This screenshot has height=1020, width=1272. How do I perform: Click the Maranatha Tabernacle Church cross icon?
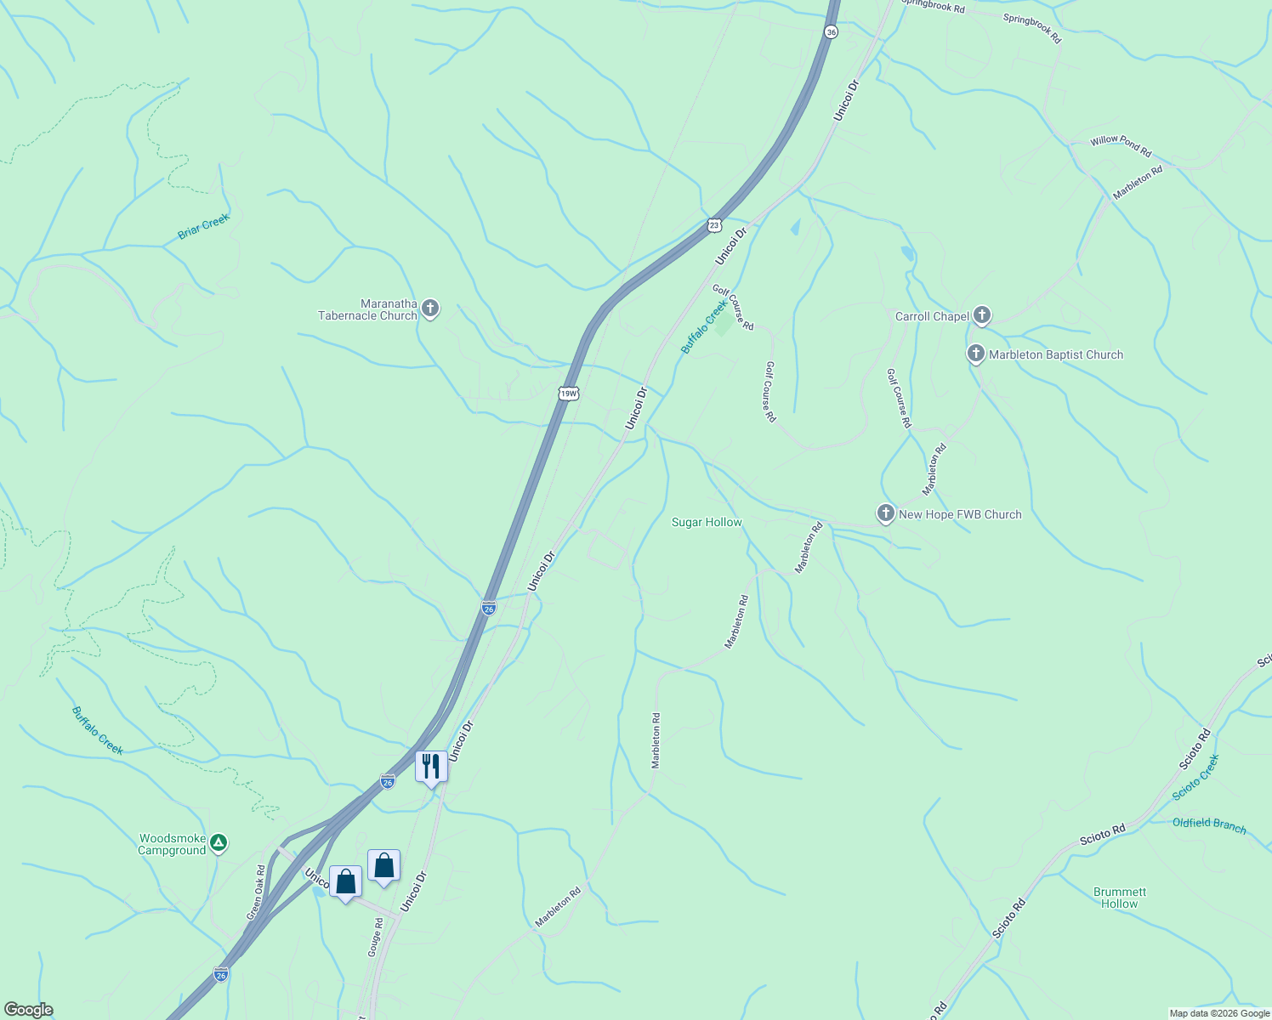pos(430,308)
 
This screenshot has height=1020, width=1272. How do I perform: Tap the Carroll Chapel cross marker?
pos(982,315)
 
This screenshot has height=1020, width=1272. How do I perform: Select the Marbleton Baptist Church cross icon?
pos(976,354)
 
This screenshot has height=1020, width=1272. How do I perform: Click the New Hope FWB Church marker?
pos(886,513)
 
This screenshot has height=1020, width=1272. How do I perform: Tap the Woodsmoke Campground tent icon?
pos(219,842)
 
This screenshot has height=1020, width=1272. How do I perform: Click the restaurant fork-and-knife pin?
pos(431,767)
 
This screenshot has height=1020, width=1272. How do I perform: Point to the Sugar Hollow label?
pos(707,523)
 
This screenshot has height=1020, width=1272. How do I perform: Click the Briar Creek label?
pos(204,226)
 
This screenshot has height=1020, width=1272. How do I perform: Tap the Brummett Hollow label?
pos(1119,898)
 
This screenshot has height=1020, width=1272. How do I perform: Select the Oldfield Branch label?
pos(1209,824)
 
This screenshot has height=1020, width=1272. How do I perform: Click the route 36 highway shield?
pos(831,31)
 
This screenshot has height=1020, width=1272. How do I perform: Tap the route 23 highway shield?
pos(714,224)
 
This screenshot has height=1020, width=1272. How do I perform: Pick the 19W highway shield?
pos(569,393)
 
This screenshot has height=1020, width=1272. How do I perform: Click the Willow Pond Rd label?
pos(1121,146)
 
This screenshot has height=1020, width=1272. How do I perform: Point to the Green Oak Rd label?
pos(256,892)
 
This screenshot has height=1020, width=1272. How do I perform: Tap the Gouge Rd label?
pos(375,938)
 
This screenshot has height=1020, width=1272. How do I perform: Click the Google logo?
pos(28,1010)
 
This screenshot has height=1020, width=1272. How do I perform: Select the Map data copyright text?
pos(1218,1013)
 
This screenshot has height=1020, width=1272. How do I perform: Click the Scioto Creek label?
pos(1195,777)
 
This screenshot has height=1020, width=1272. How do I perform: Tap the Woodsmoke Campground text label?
pos(173,844)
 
